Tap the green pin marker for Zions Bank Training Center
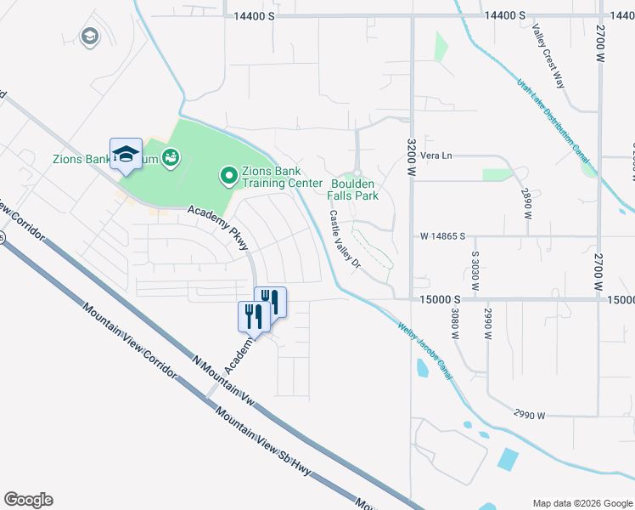click(x=228, y=177)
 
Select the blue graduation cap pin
click(x=126, y=155)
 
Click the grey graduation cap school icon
click(x=88, y=37)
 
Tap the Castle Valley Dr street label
click(x=346, y=240)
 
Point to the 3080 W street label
click(x=455, y=323)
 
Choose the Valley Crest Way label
click(x=548, y=56)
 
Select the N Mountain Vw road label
click(x=223, y=377)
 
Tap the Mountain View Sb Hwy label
click(x=255, y=438)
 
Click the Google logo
click(x=28, y=500)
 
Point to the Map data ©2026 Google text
click(x=582, y=502)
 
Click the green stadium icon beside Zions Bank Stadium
click(x=170, y=157)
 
